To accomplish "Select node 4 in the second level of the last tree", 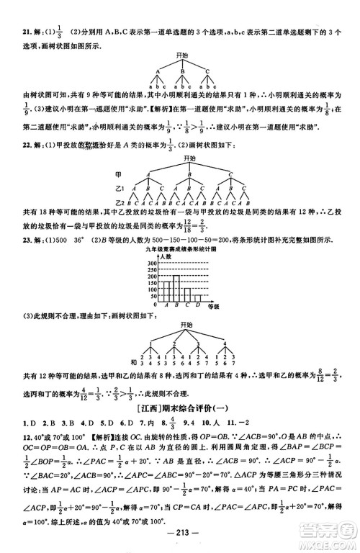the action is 226,343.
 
